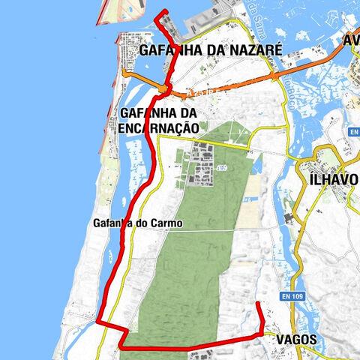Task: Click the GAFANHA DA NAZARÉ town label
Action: pos(210,50)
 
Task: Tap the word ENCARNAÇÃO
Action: pos(158,128)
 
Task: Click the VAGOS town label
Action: pos(296,340)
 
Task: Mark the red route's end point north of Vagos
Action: pos(258,302)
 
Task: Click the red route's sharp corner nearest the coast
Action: pos(97,321)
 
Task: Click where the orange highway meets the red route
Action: pos(163,90)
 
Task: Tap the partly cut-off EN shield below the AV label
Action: pos(354,132)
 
